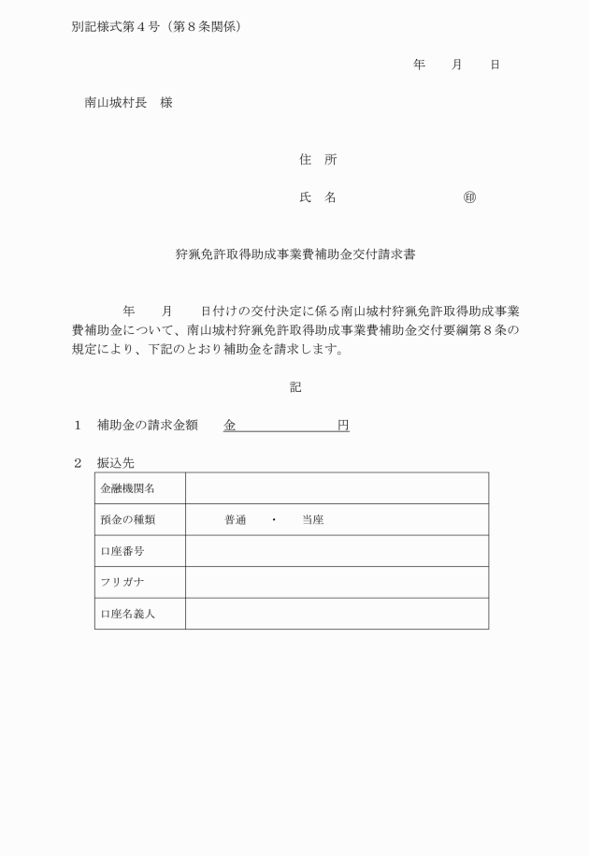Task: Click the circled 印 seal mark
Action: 469,197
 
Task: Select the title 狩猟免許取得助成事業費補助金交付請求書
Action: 294,254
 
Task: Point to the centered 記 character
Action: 295,386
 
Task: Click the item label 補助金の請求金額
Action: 147,425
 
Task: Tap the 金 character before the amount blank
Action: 229,425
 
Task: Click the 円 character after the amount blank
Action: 343,425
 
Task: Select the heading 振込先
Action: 116,462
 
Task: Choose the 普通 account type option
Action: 235,519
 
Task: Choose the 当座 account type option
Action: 312,519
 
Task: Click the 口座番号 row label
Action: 122,551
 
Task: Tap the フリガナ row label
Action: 122,582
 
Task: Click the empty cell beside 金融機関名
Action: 337,488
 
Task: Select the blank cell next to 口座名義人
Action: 337,614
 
